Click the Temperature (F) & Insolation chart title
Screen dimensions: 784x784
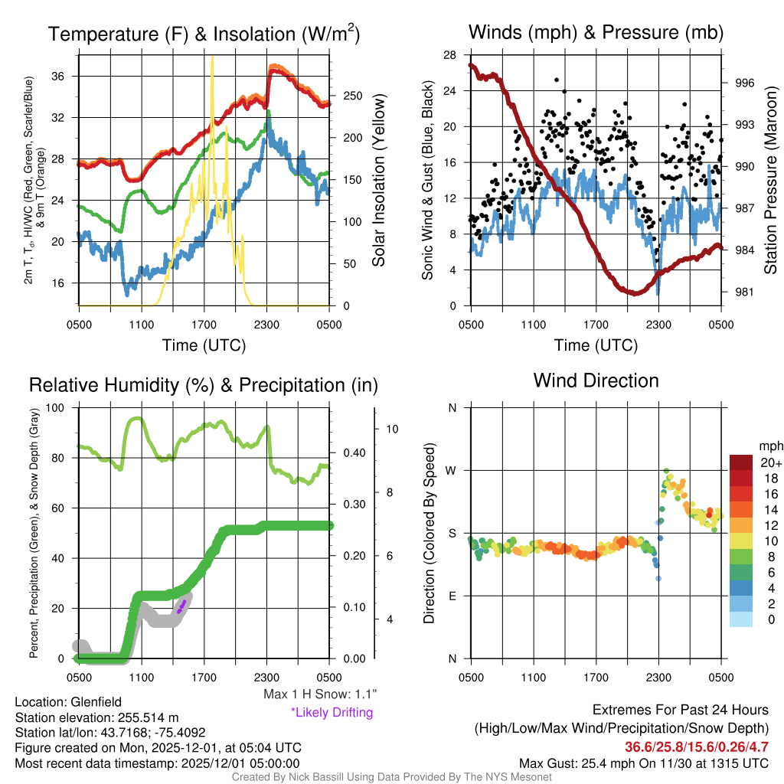coord(204,34)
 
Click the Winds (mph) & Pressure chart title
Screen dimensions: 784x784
coord(596,32)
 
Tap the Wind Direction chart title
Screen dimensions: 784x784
coord(596,381)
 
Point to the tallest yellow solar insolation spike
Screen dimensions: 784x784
coord(212,58)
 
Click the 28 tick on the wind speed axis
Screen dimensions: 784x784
coord(450,54)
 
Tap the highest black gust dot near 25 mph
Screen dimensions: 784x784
coord(557,80)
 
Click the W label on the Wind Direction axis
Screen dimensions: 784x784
coord(452,470)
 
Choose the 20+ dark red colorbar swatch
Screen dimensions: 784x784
coord(742,462)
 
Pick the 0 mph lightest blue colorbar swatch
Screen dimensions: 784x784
coord(742,620)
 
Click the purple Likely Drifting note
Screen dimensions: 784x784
coord(332,713)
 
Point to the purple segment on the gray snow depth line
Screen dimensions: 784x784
coord(181,607)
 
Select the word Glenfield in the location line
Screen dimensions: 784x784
coord(96,701)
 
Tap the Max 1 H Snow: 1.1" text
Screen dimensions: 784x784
coord(319,694)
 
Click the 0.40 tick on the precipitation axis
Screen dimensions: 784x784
coord(353,452)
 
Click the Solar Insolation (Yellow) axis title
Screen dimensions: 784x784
coord(378,180)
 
